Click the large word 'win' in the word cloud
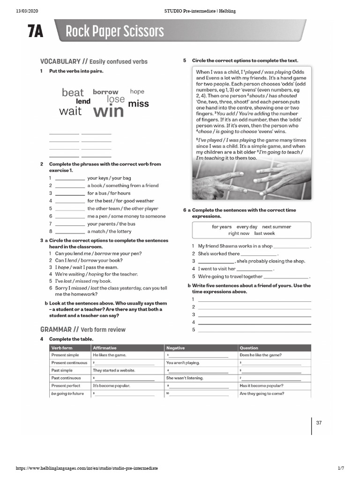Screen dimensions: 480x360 [x=108, y=112]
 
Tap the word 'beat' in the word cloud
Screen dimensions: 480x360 [x=73, y=93]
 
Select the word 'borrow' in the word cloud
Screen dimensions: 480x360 [x=105, y=92]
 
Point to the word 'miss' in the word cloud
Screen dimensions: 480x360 [x=138, y=104]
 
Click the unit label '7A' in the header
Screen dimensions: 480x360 [x=35, y=32]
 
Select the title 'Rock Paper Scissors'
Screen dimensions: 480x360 [x=115, y=32]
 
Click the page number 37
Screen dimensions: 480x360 [x=319, y=423]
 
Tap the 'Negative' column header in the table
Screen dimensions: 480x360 [x=176, y=348]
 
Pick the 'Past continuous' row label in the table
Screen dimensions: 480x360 [x=66, y=378]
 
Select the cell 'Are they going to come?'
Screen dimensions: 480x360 [x=262, y=393]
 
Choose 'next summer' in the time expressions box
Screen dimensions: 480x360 [x=277, y=226]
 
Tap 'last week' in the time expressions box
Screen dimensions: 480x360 [x=265, y=233]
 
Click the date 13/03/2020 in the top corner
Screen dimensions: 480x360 [x=27, y=11]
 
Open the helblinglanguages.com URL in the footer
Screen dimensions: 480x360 [x=87, y=468]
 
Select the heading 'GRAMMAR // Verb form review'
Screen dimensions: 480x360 [x=83, y=330]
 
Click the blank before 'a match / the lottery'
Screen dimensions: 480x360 [x=70, y=232]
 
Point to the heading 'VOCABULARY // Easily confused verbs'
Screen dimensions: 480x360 [x=94, y=61]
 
